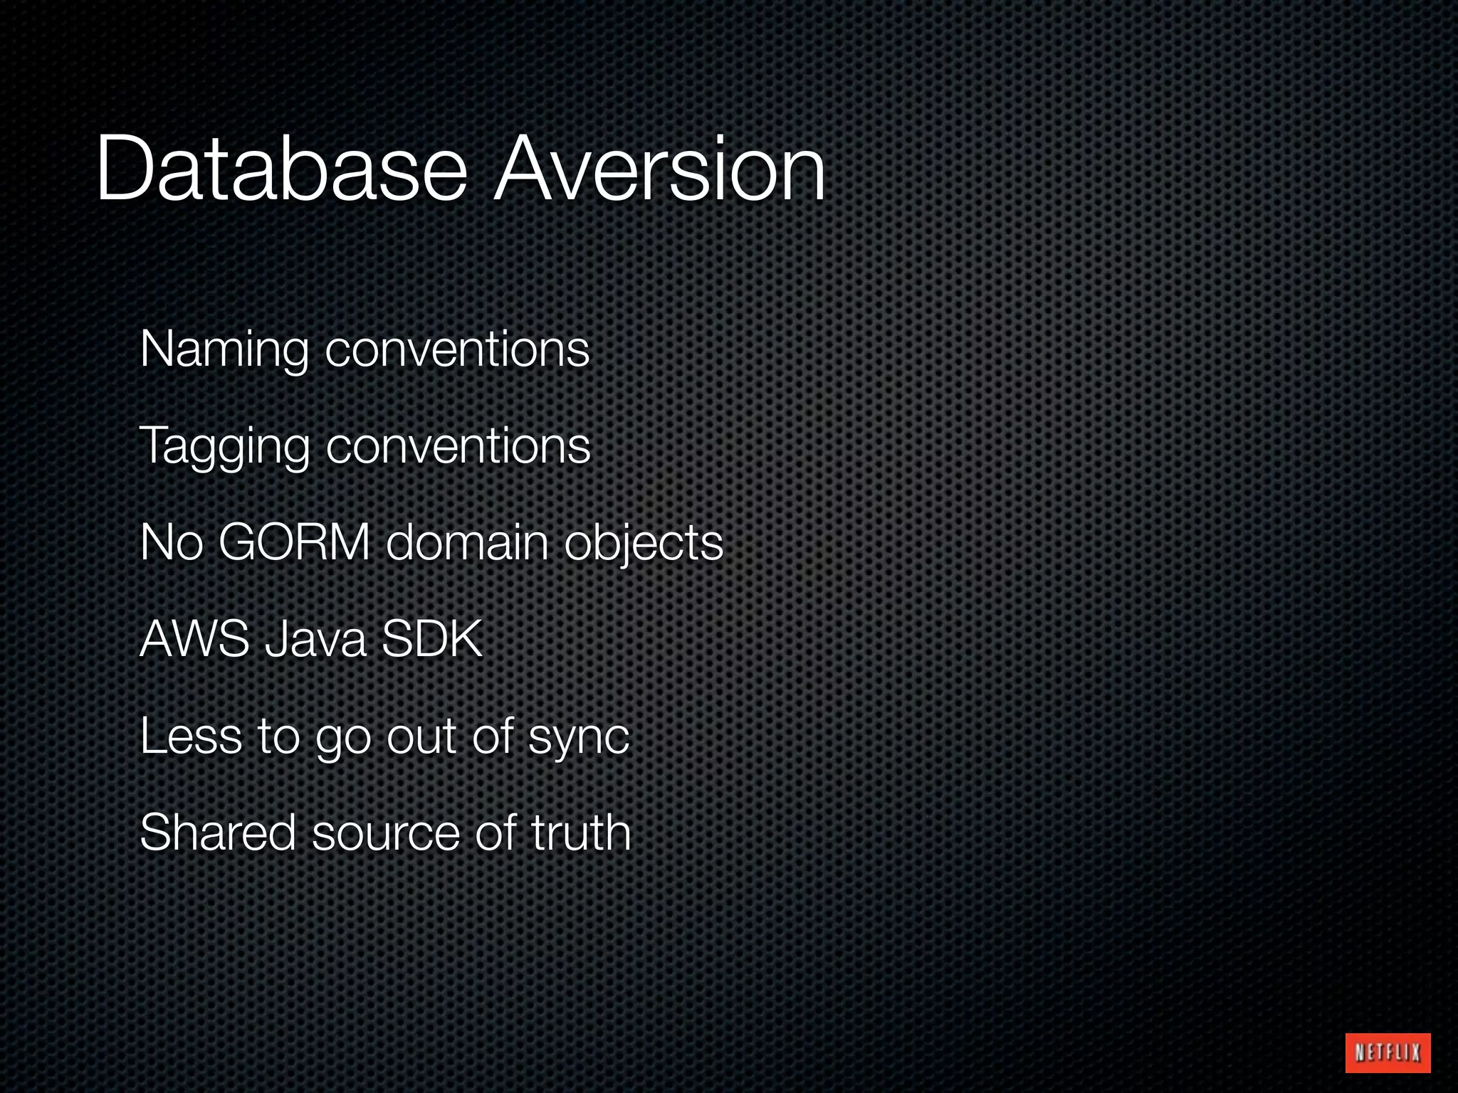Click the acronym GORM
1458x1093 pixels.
click(x=294, y=542)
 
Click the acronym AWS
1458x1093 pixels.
click(x=194, y=639)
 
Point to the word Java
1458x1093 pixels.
click(x=315, y=639)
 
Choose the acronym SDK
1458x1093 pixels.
click(x=432, y=639)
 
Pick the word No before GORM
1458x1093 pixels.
click(x=172, y=542)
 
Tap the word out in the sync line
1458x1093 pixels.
click(x=421, y=737)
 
